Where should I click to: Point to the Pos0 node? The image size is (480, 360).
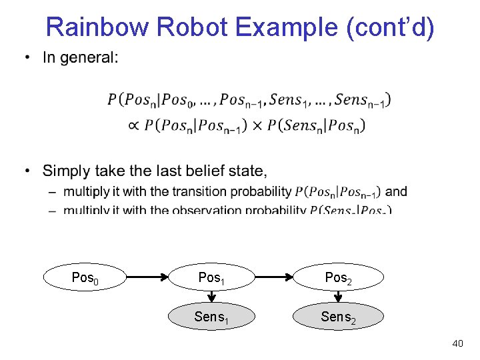pyautogui.click(x=85, y=277)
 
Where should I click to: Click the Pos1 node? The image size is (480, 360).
pyautogui.click(x=211, y=277)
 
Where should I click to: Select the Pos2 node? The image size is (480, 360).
pyautogui.click(x=338, y=277)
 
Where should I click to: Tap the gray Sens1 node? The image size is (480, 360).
pyautogui.click(x=211, y=317)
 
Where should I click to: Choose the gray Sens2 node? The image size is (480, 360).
pyautogui.click(x=338, y=317)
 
